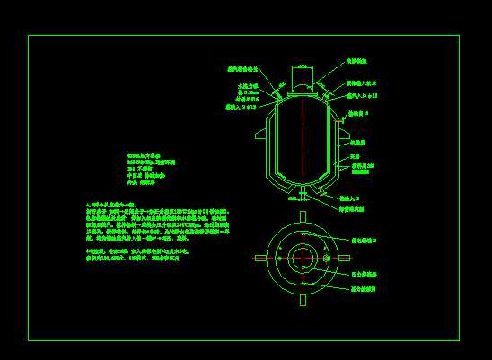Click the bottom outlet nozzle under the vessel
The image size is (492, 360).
pos(303,192)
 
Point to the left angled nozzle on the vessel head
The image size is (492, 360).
pos(279,87)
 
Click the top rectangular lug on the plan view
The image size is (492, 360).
pos(303,218)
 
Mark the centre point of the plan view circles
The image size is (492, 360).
pos(303,258)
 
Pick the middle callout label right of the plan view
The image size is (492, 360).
pos(365,273)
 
